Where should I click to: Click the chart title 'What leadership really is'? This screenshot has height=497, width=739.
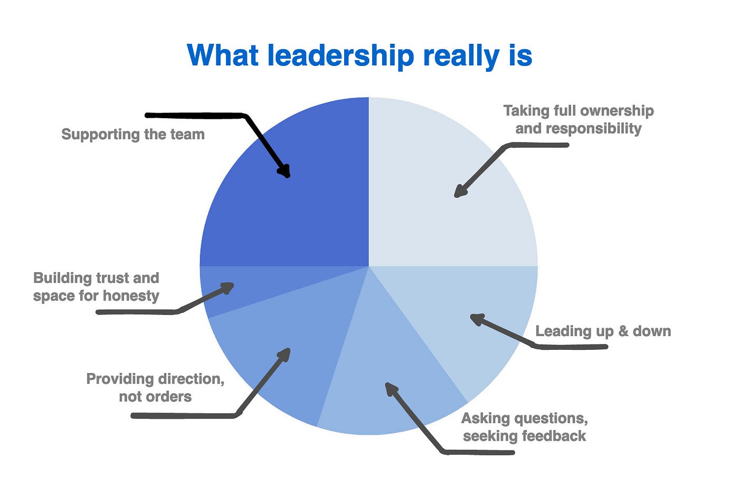(359, 55)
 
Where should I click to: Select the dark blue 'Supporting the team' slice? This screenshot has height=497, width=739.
(296, 211)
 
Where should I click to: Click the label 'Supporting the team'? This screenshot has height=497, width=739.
(133, 135)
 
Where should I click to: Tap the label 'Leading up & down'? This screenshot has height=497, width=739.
(603, 331)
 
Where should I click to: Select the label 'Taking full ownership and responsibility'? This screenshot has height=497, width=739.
(579, 119)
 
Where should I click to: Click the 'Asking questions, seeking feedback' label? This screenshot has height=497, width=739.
(525, 427)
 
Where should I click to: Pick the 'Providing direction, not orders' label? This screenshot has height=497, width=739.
(155, 388)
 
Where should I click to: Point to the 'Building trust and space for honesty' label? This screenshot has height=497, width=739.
(96, 286)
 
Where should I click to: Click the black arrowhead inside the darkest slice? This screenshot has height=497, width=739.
(285, 170)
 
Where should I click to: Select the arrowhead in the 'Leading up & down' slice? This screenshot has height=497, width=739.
(476, 319)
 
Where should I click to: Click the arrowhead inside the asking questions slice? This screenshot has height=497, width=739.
(391, 389)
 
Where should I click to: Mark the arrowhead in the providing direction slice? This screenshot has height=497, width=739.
(285, 353)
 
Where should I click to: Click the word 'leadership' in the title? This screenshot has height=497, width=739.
(340, 55)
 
